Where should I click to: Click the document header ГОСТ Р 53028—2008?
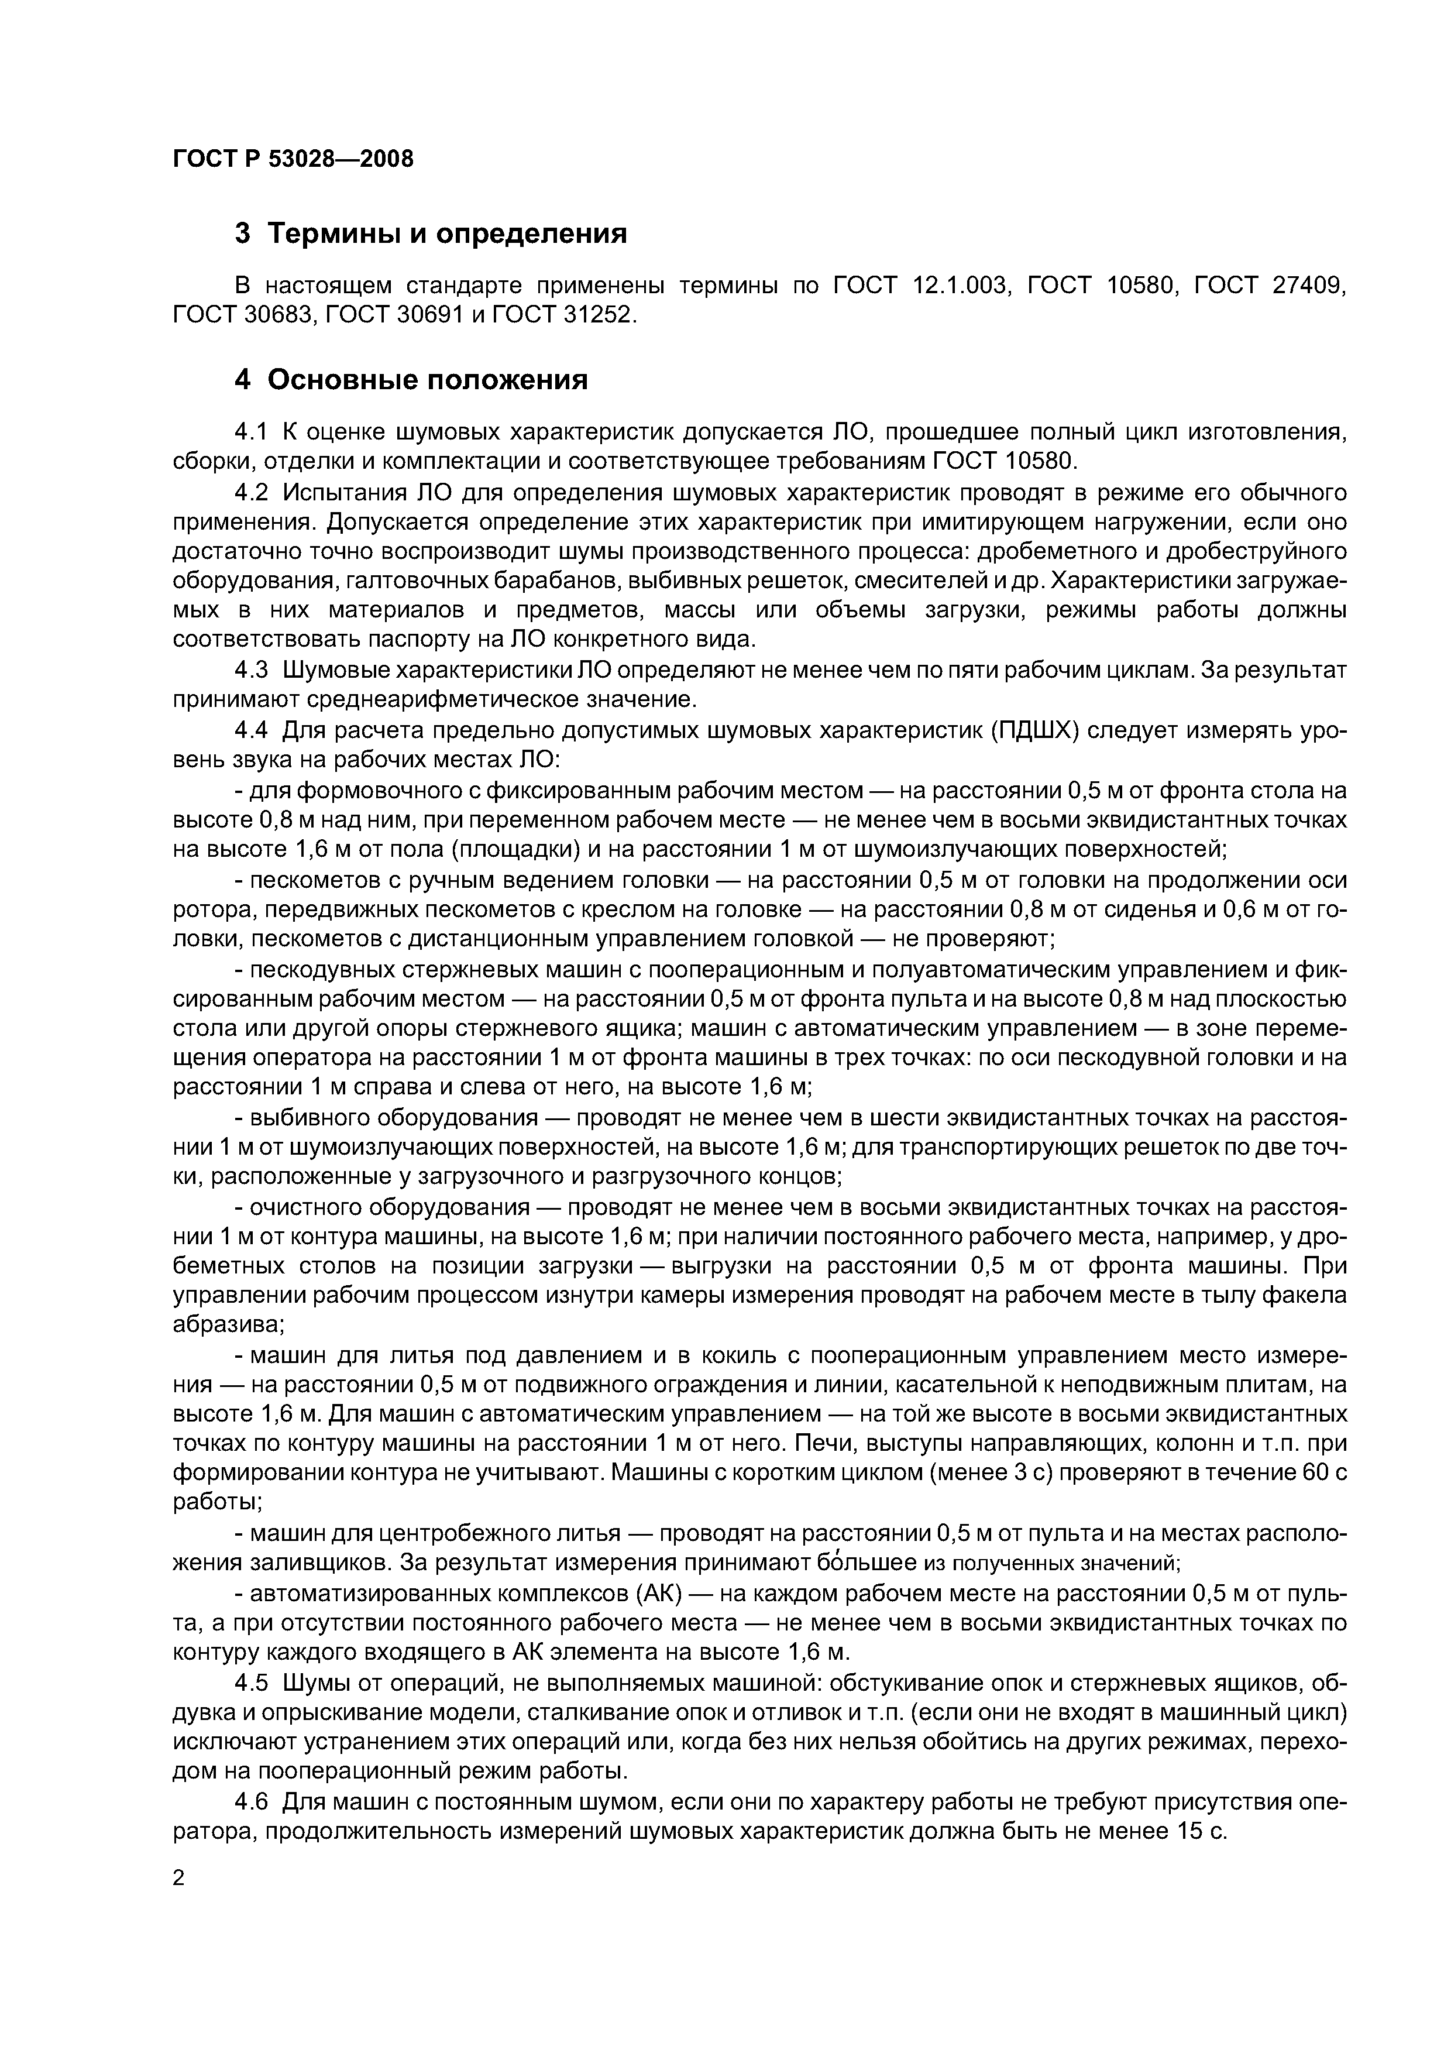coord(293,159)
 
